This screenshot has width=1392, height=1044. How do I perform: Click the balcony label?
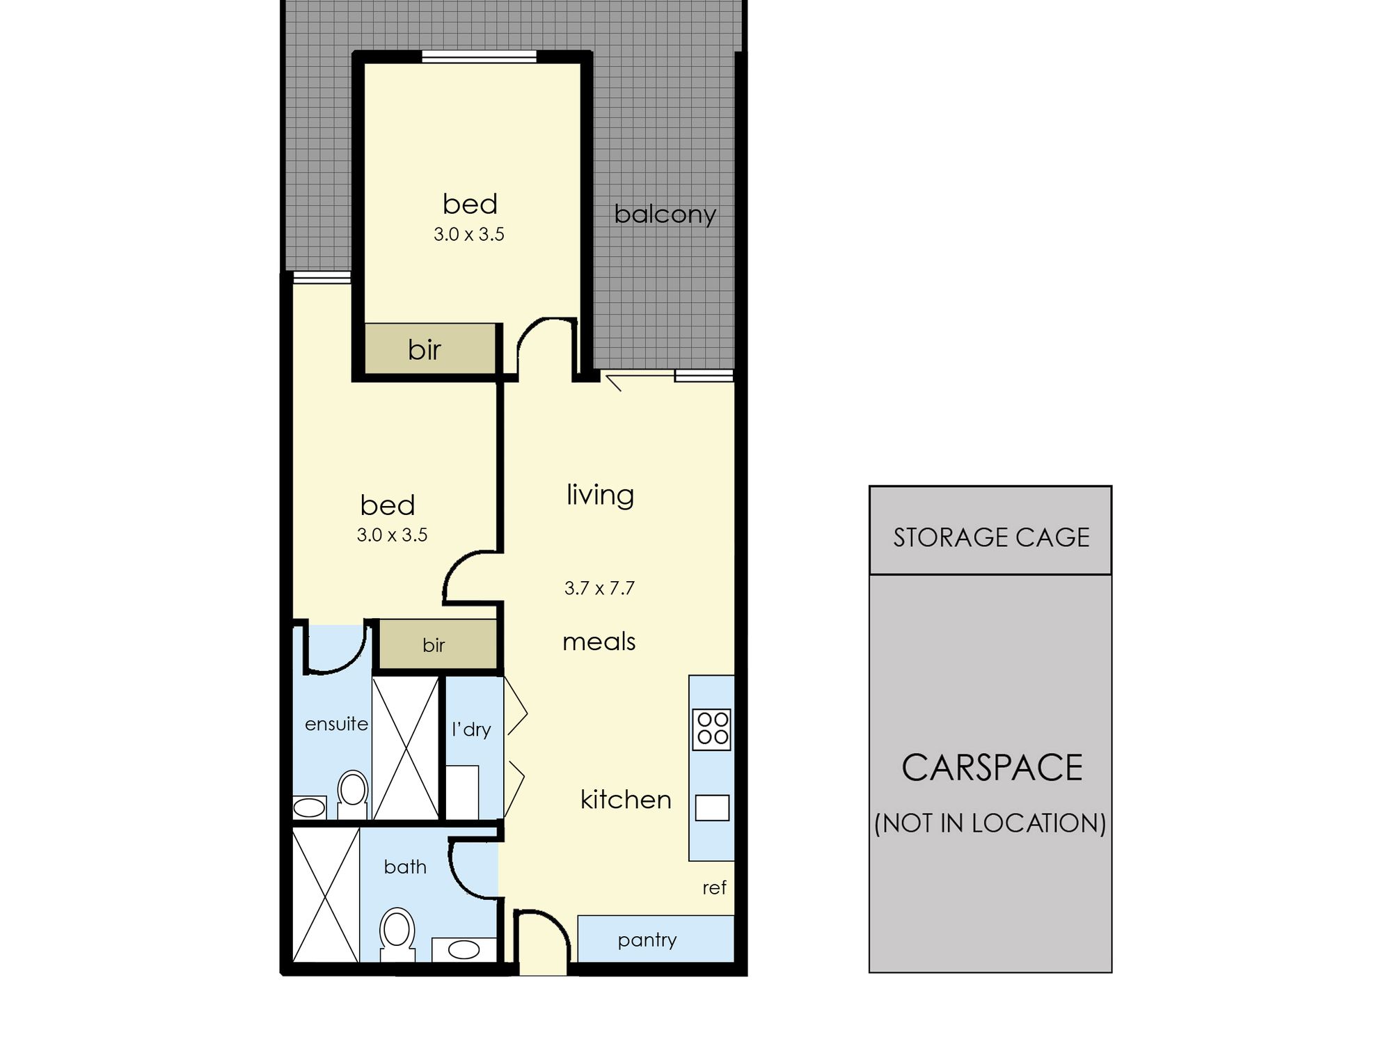[x=665, y=214]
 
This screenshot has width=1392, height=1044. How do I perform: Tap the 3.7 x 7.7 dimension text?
[x=599, y=588]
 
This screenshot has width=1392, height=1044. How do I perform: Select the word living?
[x=600, y=495]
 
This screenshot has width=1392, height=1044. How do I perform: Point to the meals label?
[x=599, y=641]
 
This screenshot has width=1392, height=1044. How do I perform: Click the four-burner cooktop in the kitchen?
[x=712, y=729]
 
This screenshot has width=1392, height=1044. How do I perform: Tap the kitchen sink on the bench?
[x=712, y=808]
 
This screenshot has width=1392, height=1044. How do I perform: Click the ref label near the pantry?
[x=714, y=887]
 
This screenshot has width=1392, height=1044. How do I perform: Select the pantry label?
[x=647, y=940]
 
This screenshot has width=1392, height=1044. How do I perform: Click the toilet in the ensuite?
[x=353, y=794]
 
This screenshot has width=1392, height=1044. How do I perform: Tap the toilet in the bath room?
[x=397, y=935]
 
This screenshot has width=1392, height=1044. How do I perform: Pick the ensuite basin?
[x=309, y=807]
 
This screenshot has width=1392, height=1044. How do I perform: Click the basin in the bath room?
[x=464, y=949]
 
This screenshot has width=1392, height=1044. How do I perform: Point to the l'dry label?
[x=471, y=729]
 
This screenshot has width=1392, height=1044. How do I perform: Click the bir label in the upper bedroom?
[x=425, y=349]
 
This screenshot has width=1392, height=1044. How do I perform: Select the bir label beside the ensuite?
[x=434, y=645]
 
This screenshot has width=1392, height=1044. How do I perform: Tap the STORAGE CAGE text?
[x=991, y=537]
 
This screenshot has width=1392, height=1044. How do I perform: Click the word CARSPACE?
[x=992, y=768]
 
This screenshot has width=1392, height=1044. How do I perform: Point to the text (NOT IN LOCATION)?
[x=990, y=823]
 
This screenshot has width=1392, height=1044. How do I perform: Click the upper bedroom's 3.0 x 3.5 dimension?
[x=468, y=235]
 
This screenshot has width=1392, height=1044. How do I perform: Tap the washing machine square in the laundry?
[x=461, y=792]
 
